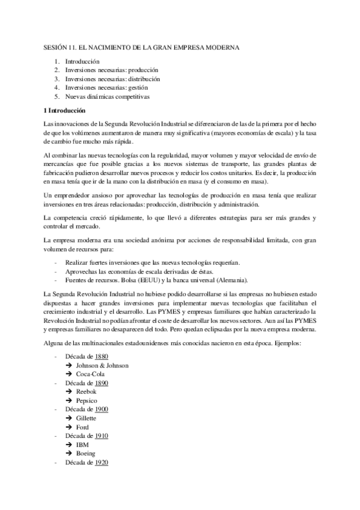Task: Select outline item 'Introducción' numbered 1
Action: (x=82, y=61)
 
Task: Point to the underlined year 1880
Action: (x=102, y=357)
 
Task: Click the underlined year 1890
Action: (x=102, y=382)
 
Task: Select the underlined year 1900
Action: (x=102, y=409)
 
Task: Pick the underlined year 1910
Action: (x=102, y=435)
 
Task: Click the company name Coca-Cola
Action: (x=90, y=374)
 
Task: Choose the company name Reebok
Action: (x=86, y=392)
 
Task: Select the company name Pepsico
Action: (x=87, y=400)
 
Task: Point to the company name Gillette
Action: (x=87, y=417)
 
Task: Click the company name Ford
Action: (x=82, y=426)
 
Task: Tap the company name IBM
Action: (x=82, y=444)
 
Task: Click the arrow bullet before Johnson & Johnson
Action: (x=69, y=365)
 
